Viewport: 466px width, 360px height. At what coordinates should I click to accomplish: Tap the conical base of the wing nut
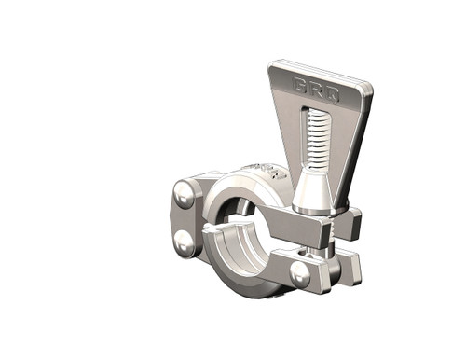click(314, 196)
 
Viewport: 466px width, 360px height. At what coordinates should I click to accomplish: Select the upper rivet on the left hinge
click(184, 198)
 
